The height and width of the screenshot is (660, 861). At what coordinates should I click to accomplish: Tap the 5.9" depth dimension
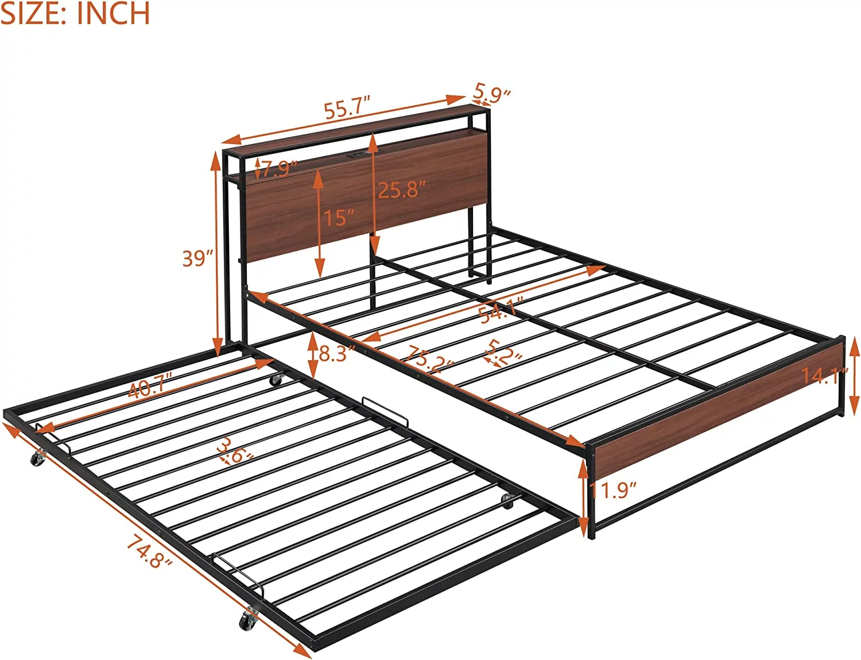click(492, 92)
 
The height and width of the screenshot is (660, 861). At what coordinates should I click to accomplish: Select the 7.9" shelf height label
click(278, 168)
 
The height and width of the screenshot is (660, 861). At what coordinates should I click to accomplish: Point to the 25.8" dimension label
click(402, 190)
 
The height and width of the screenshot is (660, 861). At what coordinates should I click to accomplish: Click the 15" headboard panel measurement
click(339, 218)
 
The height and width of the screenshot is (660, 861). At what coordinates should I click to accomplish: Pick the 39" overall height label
click(197, 258)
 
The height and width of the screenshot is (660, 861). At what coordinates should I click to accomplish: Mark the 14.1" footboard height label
click(824, 376)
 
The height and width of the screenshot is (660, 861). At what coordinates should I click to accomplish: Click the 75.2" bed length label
click(428, 360)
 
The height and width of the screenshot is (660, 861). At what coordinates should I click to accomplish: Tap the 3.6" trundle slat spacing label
click(235, 450)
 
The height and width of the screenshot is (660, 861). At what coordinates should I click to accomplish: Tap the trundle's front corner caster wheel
click(249, 619)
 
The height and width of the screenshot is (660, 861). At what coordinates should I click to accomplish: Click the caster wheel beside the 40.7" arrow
click(277, 379)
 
